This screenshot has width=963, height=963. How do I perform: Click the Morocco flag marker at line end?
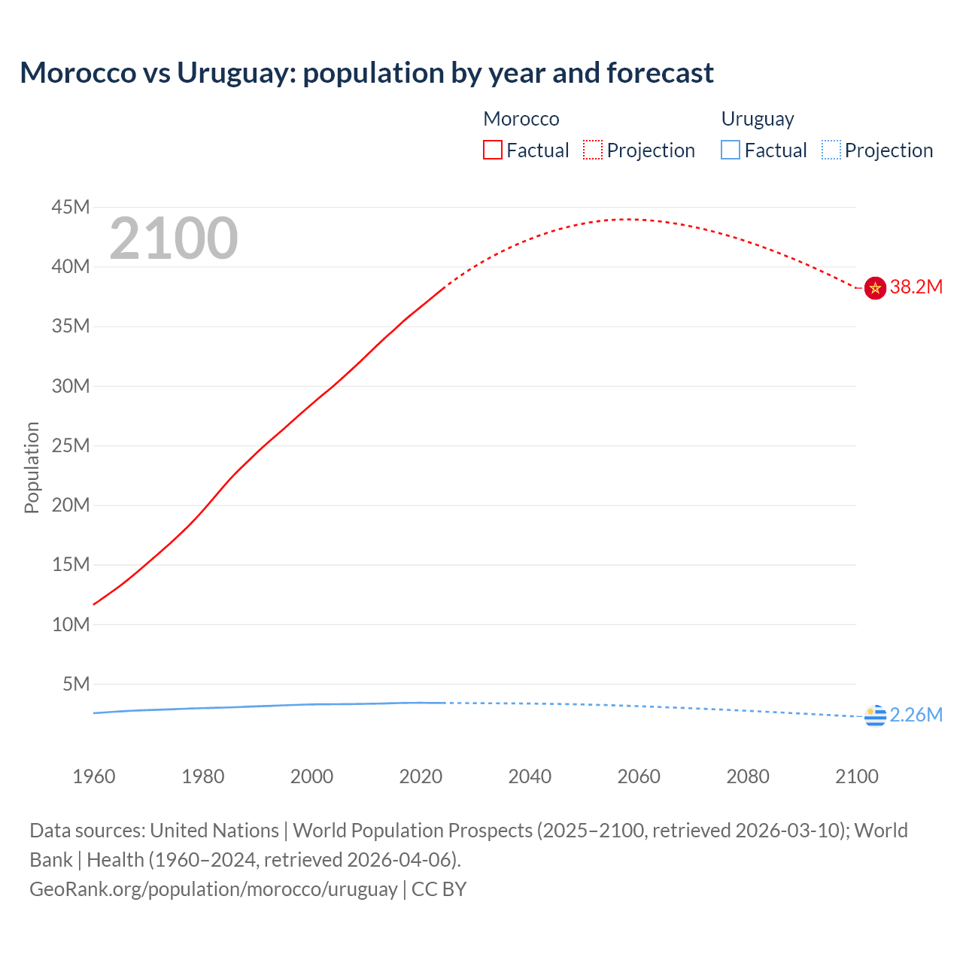pyautogui.click(x=875, y=287)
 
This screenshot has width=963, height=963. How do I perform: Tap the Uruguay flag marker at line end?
pyautogui.click(x=875, y=716)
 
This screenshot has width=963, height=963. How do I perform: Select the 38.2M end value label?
pyautogui.click(x=916, y=287)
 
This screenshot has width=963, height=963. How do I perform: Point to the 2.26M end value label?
pyautogui.click(x=916, y=715)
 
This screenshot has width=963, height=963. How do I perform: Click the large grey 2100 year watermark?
pyautogui.click(x=173, y=238)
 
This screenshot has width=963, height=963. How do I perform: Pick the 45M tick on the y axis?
pyautogui.click(x=71, y=207)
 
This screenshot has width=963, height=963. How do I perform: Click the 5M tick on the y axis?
pyautogui.click(x=76, y=684)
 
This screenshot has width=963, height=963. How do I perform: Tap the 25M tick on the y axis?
pyautogui.click(x=71, y=445)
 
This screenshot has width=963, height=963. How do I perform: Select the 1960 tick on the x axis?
pyautogui.click(x=94, y=776)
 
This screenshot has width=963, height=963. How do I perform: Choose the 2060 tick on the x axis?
pyautogui.click(x=639, y=776)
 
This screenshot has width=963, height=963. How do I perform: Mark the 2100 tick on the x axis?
pyautogui.click(x=856, y=776)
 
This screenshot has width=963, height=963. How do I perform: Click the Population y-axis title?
pyautogui.click(x=32, y=467)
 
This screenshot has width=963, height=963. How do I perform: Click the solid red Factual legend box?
pyautogui.click(x=492, y=150)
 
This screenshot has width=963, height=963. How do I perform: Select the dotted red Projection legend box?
pyautogui.click(x=593, y=150)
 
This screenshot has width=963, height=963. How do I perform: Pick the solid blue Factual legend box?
pyautogui.click(x=731, y=150)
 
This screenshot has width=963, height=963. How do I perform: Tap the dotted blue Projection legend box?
pyautogui.click(x=831, y=150)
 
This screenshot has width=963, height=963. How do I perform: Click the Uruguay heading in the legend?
pyautogui.click(x=758, y=119)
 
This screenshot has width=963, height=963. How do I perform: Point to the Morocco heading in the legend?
pyautogui.click(x=521, y=119)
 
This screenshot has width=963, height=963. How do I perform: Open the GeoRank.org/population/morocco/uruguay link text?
pyautogui.click(x=213, y=889)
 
